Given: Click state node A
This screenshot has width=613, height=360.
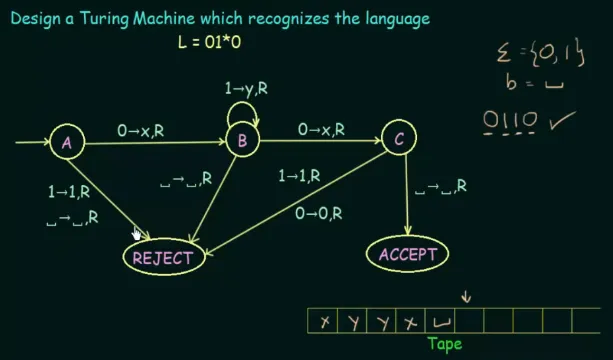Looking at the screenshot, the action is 67,143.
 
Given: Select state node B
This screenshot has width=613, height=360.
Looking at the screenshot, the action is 242,142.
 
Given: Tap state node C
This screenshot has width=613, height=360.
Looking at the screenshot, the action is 399,140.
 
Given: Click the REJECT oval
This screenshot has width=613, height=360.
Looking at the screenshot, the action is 163,257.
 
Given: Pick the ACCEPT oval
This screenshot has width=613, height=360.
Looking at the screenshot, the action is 407,254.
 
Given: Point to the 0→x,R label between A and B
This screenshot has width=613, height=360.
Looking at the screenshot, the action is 145,129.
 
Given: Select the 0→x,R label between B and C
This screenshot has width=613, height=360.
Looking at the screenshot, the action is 321,129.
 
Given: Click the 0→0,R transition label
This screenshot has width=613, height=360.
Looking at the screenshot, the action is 319,212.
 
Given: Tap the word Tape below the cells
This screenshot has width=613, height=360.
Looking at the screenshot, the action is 445,343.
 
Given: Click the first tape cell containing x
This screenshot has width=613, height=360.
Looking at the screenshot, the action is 324,322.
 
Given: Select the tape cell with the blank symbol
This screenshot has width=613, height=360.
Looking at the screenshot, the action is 440,322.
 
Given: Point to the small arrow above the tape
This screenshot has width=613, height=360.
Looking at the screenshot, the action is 464,295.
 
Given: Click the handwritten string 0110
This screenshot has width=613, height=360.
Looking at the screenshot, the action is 510,122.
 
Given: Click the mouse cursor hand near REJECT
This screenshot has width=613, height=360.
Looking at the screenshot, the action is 138,234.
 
